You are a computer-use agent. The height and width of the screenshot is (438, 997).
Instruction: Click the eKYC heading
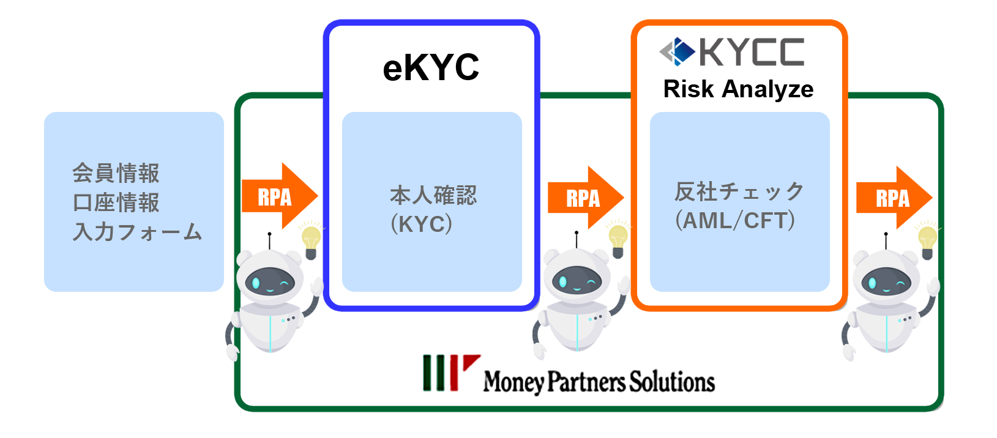pyautogui.click(x=431, y=67)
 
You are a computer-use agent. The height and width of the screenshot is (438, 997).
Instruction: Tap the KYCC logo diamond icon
pyautogui.click(x=678, y=51)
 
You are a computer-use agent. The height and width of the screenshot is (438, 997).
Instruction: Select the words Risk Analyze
pyautogui.click(x=738, y=89)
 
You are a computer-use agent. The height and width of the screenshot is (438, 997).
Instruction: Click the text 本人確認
pyautogui.click(x=433, y=195)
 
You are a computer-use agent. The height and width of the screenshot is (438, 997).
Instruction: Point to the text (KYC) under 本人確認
pyautogui.click(x=422, y=224)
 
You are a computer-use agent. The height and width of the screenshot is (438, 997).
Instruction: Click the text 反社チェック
pyautogui.click(x=739, y=191)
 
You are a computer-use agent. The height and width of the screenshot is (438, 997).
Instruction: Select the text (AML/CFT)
pyautogui.click(x=735, y=220)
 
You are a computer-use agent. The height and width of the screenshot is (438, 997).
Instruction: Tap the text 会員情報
pyautogui.click(x=116, y=173)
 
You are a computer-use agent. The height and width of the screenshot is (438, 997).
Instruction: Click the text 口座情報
pyautogui.click(x=116, y=202)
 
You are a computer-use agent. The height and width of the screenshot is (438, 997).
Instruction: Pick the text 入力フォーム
pyautogui.click(x=137, y=232)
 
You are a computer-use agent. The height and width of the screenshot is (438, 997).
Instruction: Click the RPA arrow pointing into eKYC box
pyautogui.click(x=278, y=196)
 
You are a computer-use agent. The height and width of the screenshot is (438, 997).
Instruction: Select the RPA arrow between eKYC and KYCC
pyautogui.click(x=585, y=198)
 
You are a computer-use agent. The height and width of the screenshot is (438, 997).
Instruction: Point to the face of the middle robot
pyautogui.click(x=577, y=282)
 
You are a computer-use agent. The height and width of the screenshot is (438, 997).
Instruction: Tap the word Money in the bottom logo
pyautogui.click(x=513, y=382)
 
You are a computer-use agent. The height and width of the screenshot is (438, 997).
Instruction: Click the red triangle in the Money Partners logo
pyautogui.click(x=470, y=362)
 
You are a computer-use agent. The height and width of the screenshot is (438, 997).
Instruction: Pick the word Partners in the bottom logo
pyautogui.click(x=586, y=382)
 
